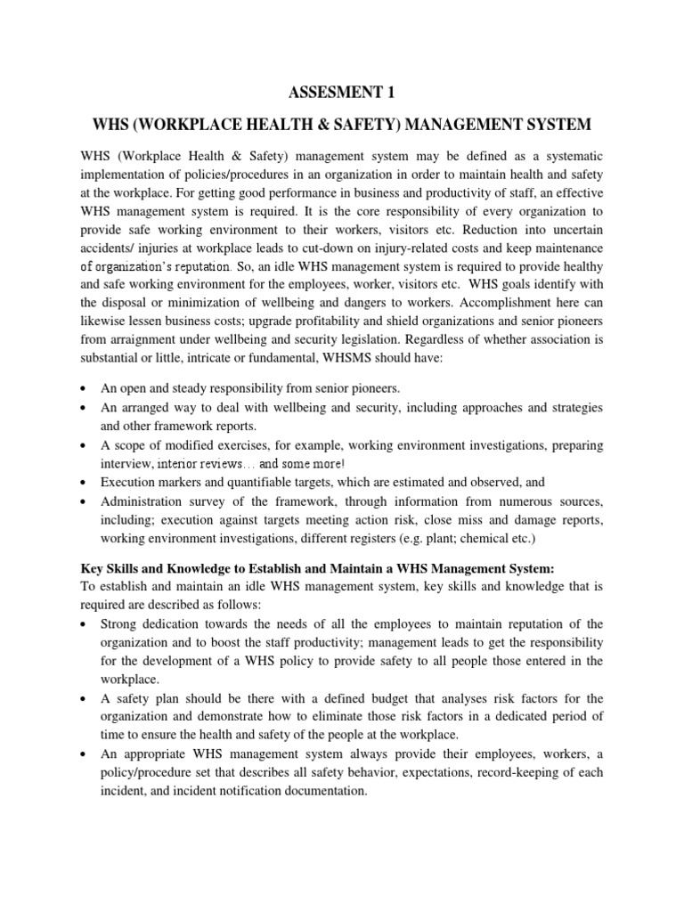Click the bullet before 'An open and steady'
point(83,389)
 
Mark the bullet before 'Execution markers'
point(83,483)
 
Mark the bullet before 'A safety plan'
point(83,697)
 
